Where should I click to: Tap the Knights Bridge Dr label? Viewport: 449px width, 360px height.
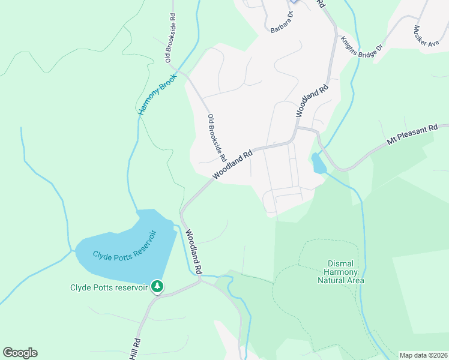click(x=361, y=46)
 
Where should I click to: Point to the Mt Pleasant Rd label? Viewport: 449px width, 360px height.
click(x=410, y=134)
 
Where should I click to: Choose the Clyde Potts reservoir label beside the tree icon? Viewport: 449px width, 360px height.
click(x=109, y=287)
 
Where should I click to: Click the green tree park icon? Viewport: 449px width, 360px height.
click(x=157, y=287)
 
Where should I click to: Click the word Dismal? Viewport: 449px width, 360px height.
click(x=343, y=263)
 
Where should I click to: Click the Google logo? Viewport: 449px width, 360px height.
click(x=20, y=353)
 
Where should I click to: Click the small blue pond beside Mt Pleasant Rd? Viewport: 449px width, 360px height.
click(x=318, y=164)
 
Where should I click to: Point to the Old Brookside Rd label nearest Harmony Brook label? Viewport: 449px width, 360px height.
click(x=172, y=38)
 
